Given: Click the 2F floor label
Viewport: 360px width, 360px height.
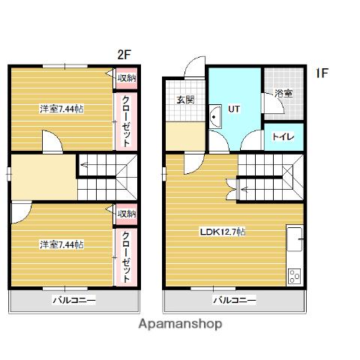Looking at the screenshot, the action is pyautogui.click(x=124, y=54).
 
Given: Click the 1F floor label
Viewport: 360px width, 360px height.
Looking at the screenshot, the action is pyautogui.click(x=322, y=73).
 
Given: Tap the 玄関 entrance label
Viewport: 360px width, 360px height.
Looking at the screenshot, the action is pyautogui.click(x=185, y=100).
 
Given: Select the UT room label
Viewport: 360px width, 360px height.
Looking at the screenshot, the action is pyautogui.click(x=234, y=109).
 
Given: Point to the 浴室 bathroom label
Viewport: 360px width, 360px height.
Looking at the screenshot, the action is pyautogui.click(x=283, y=94).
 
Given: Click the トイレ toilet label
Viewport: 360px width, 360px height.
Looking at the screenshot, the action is pyautogui.click(x=283, y=136).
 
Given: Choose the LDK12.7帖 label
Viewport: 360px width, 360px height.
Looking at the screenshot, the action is pyautogui.click(x=223, y=232).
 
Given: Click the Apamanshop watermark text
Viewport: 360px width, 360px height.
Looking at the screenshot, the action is pyautogui.click(x=180, y=324).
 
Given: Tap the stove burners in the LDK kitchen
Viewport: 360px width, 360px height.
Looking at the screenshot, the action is pyautogui.click(x=294, y=276).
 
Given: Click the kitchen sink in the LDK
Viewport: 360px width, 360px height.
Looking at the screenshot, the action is pyautogui.click(x=295, y=239).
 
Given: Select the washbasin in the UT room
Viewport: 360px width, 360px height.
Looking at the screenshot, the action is pyautogui.click(x=215, y=116).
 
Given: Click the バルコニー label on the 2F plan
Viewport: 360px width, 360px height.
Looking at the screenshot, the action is pyautogui.click(x=74, y=300).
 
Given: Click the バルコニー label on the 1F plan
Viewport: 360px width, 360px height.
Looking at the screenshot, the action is pyautogui.click(x=235, y=300).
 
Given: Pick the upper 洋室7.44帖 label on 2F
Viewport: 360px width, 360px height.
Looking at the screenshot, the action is pyautogui.click(x=61, y=109).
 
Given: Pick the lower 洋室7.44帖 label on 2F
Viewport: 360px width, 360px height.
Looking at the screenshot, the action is pyautogui.click(x=61, y=244).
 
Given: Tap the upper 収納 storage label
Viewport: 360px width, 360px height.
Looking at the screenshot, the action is pyautogui.click(x=127, y=78).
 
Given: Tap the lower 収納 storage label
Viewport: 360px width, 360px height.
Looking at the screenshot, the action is pyautogui.click(x=127, y=214).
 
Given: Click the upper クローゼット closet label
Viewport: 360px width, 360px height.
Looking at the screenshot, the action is pyautogui.click(x=126, y=121).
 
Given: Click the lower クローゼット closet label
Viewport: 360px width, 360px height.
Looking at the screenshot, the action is pyautogui.click(x=126, y=256).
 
